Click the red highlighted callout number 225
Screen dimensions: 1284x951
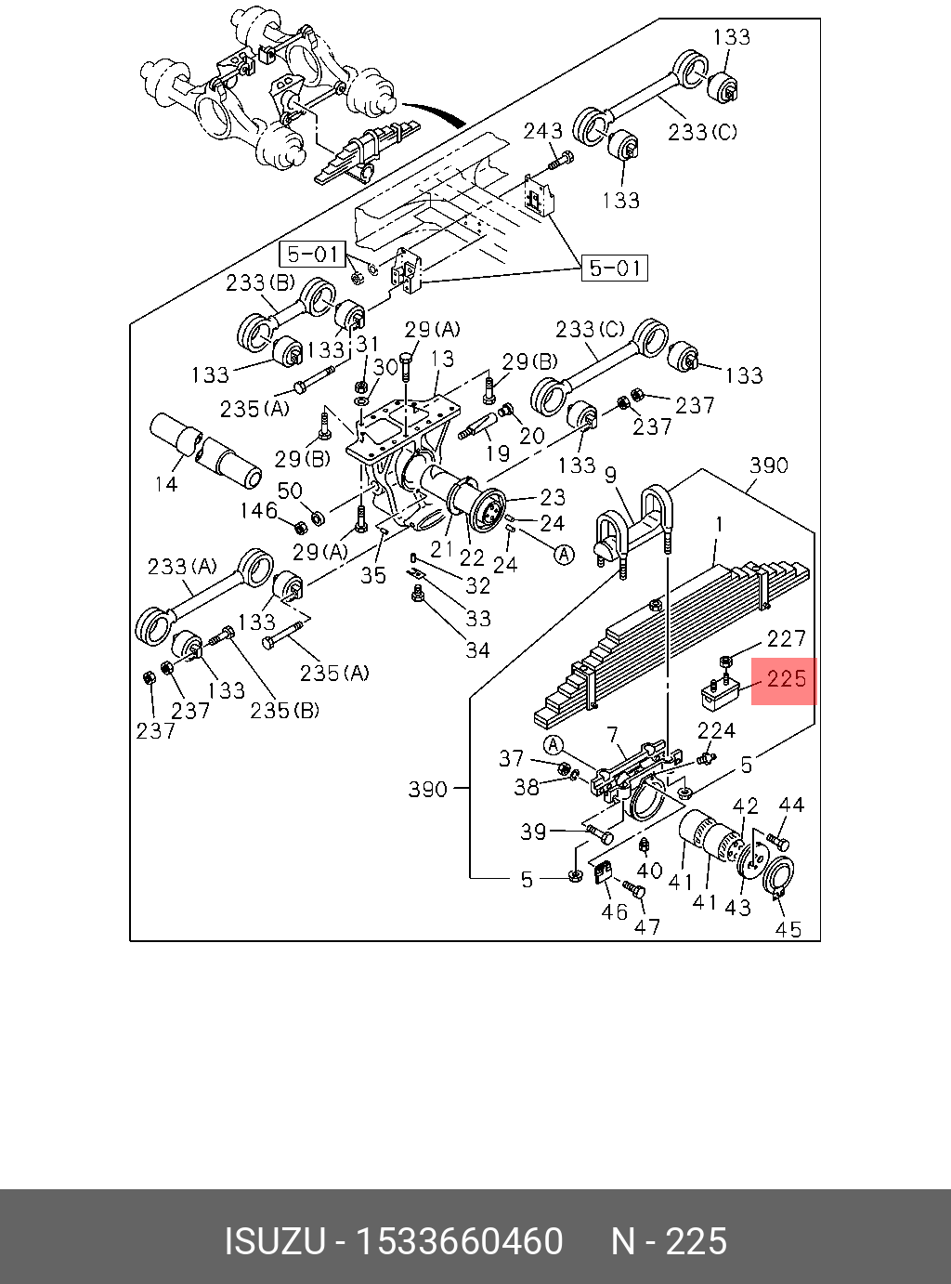point(786,679)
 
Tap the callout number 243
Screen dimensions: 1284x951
point(542,132)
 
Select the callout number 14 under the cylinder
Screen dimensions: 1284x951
point(165,484)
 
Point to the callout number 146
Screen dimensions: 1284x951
point(258,510)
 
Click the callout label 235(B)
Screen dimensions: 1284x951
point(284,711)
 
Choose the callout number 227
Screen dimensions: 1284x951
point(786,638)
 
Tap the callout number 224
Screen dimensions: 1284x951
point(716,731)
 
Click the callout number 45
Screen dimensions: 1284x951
point(788,929)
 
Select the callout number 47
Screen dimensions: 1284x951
point(646,926)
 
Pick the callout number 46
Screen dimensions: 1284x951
point(613,911)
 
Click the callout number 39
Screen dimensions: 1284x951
point(533,832)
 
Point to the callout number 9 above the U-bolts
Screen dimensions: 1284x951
point(610,476)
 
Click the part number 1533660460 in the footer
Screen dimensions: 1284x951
point(460,1241)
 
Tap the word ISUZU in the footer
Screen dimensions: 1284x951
point(274,1241)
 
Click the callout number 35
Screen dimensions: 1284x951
point(373,575)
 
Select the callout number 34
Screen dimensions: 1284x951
point(477,650)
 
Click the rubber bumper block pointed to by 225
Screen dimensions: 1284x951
point(717,692)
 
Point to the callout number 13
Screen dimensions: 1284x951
point(442,359)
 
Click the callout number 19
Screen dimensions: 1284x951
point(498,453)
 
